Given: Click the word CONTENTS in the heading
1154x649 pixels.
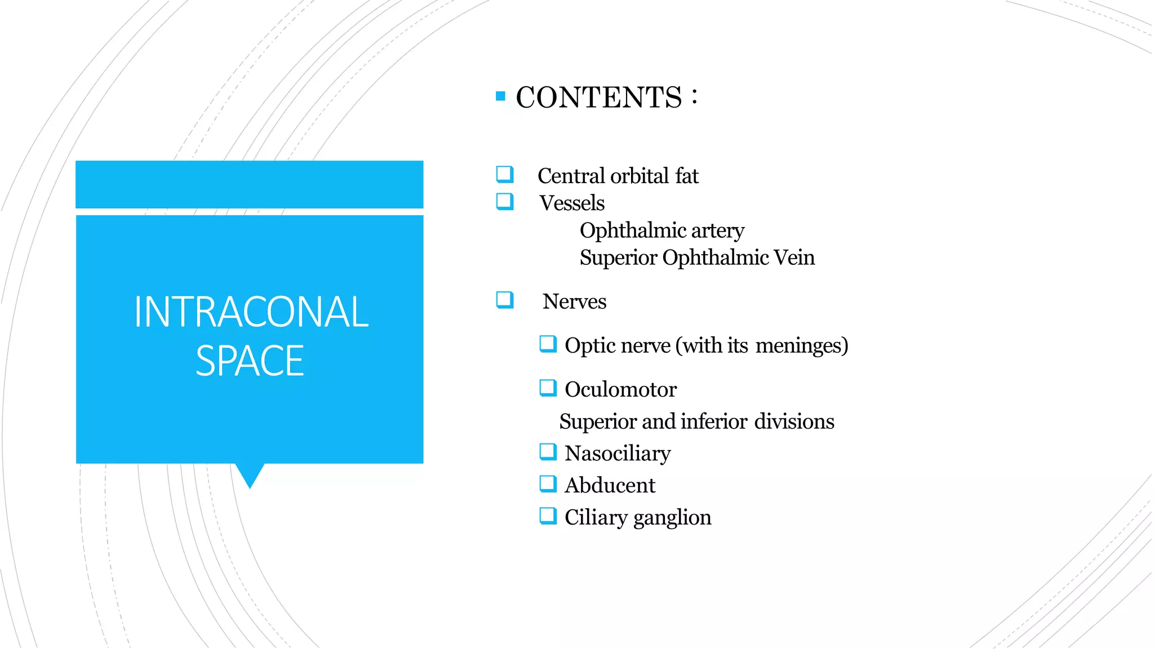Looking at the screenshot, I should [598, 97].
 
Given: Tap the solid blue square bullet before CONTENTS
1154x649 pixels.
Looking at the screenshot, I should [500, 96].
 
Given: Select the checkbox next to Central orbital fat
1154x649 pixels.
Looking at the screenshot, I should [505, 175].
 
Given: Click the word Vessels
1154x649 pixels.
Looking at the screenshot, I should [571, 203].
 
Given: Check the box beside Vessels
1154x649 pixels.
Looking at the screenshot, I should [505, 202].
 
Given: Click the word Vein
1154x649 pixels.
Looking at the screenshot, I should [794, 257].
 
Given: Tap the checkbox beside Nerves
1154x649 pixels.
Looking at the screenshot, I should [505, 300].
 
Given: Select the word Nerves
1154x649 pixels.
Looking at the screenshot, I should [574, 301].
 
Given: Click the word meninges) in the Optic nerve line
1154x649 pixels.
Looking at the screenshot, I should [801, 345].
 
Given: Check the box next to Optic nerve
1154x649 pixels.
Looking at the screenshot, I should [548, 344].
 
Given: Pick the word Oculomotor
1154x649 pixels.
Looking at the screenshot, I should [620, 389].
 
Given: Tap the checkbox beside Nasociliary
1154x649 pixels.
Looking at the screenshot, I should [548, 452].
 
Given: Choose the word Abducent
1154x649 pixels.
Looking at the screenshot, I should [610, 485].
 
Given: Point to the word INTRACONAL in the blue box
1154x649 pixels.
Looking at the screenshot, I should [251, 312].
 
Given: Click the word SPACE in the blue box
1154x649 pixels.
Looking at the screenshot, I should [250, 361].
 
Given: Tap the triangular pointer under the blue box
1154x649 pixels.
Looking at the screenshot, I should [250, 474].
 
